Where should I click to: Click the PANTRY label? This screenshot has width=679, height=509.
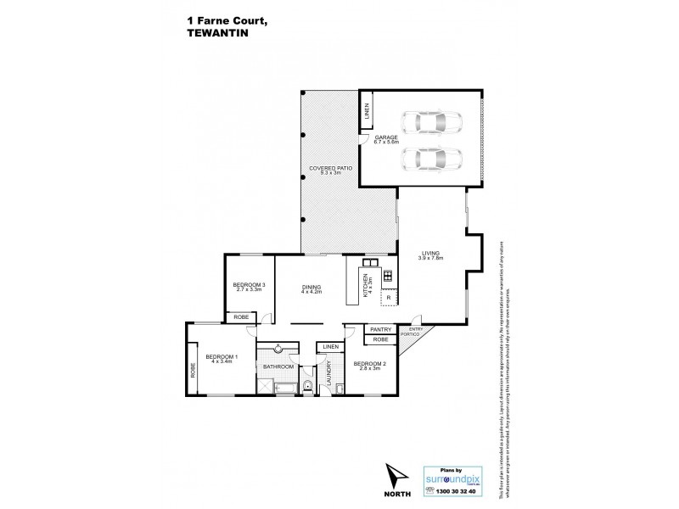click(x=379, y=329)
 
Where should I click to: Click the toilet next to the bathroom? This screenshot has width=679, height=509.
click(x=310, y=387)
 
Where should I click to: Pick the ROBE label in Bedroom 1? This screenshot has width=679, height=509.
click(x=193, y=369)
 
